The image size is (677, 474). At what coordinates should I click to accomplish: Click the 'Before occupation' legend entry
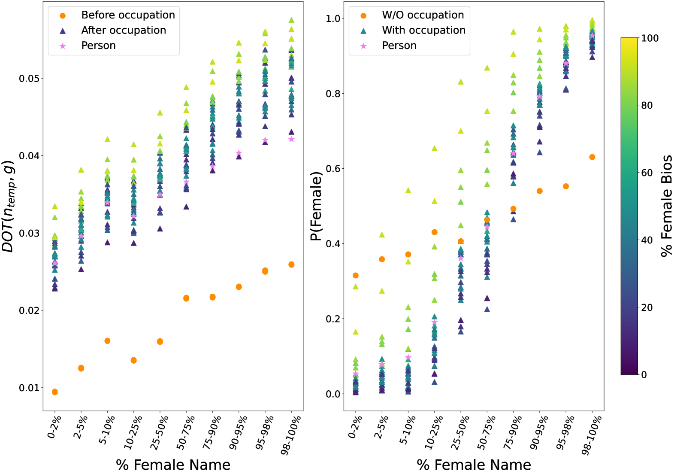tap(128, 15)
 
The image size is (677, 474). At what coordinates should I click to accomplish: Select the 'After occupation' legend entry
tap(124, 30)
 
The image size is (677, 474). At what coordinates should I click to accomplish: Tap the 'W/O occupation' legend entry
tap(423, 15)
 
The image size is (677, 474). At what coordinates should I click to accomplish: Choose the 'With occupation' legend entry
tap(423, 30)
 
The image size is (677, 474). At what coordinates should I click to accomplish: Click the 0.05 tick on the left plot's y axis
tap(29, 79)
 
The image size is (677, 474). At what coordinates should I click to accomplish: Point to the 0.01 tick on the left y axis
tap(29, 388)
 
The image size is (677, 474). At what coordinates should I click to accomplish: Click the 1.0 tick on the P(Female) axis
tap(333, 19)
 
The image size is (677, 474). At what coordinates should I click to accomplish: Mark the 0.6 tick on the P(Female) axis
tap(333, 169)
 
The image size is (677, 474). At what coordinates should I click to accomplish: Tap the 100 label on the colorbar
tap(650, 38)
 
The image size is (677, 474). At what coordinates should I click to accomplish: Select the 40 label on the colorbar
tap(647, 240)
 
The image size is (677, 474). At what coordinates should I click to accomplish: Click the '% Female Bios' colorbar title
tap(666, 206)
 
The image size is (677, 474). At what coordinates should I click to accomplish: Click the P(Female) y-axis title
tap(316, 206)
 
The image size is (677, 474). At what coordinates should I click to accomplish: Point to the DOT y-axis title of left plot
tap(9, 206)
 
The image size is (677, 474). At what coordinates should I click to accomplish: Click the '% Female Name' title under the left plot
tap(173, 465)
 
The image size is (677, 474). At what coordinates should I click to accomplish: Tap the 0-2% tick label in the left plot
tap(54, 427)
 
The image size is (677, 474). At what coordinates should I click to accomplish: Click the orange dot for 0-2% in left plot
tap(54, 392)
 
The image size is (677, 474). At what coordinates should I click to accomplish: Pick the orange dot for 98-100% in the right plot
tap(592, 157)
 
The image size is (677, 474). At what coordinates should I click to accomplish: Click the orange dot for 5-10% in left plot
tap(107, 341)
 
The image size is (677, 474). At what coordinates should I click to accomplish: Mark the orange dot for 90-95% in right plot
tap(540, 191)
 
